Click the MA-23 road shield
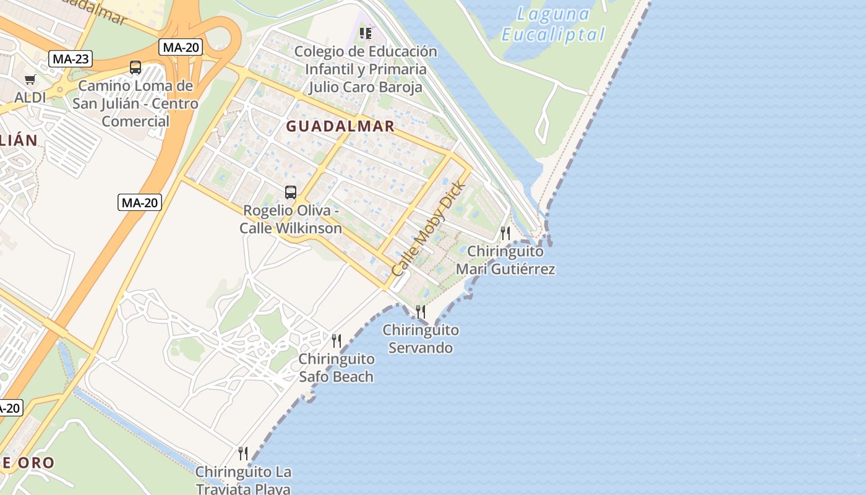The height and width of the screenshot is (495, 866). (x=71, y=59)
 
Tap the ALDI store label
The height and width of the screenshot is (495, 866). (x=30, y=97)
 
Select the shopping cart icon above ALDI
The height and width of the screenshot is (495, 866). (x=30, y=79)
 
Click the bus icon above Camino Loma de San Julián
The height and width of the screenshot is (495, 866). (x=135, y=67)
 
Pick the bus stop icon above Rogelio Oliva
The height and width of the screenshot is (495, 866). (x=291, y=192)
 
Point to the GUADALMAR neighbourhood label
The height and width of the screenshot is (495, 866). (x=340, y=126)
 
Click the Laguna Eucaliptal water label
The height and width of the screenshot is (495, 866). (x=553, y=24)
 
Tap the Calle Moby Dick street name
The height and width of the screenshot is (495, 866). (x=428, y=229)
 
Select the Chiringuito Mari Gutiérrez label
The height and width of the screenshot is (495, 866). (x=505, y=260)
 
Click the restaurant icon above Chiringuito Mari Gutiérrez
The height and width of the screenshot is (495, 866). (x=505, y=233)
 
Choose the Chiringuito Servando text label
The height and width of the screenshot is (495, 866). (x=421, y=338)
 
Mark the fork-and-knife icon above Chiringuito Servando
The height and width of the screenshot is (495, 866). (x=421, y=311)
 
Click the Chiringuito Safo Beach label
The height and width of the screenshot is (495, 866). (x=337, y=368)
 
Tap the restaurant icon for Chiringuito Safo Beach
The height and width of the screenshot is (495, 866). (x=337, y=340)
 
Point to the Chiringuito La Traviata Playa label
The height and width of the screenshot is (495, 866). (x=243, y=480)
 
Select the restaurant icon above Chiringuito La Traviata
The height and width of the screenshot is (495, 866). (x=243, y=454)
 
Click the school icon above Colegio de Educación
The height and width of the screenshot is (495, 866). (x=366, y=33)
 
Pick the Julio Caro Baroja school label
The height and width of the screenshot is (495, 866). (x=366, y=87)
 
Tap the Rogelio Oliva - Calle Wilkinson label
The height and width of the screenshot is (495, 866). (x=291, y=219)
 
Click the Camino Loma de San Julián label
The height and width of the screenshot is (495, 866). (x=135, y=103)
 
